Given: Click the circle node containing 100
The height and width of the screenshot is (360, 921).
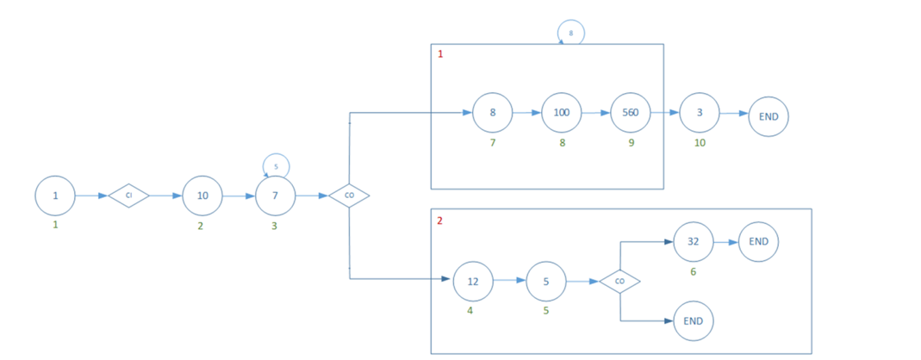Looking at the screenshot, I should click(562, 113).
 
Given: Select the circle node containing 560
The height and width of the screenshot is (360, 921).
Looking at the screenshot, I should click(631, 113).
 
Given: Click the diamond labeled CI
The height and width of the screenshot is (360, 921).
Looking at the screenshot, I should click(128, 196).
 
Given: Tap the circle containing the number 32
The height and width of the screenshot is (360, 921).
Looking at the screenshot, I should click(693, 242).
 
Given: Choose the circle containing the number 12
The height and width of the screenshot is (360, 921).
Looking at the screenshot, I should click(473, 281).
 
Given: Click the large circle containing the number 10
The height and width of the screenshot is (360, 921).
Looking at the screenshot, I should click(202, 196).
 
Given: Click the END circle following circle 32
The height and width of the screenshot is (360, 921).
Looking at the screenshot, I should click(758, 242).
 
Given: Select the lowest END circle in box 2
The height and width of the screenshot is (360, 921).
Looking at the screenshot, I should click(694, 321).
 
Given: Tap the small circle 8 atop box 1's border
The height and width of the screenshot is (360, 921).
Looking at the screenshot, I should click(570, 34).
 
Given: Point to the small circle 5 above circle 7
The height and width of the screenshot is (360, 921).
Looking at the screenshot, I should click(276, 166).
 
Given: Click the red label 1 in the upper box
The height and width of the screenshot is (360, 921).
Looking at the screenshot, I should click(440, 54).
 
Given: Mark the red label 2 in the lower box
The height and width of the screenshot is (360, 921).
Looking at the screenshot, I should click(440, 220).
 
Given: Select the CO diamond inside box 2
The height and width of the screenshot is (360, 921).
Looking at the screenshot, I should click(619, 281).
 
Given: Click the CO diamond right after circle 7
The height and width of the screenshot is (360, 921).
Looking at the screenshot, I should click(349, 196).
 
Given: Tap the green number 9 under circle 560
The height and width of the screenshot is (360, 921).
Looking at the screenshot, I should click(632, 143).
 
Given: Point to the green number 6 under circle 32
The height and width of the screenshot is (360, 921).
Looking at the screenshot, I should click(693, 271).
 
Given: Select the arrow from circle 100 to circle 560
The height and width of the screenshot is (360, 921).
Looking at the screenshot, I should click(596, 113).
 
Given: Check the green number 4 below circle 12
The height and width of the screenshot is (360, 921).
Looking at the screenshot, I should click(470, 310).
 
